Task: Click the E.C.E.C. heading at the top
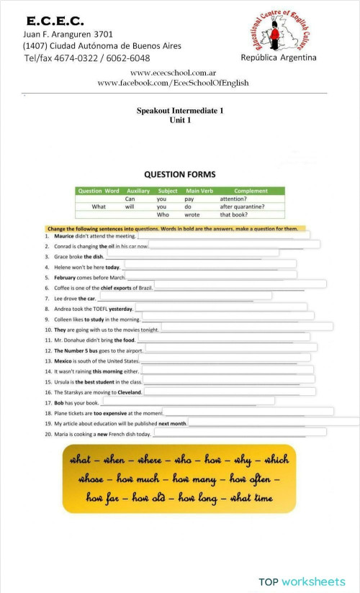(55, 21)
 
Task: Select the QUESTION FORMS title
(180, 174)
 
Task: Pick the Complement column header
(251, 191)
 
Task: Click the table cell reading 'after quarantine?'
(242, 207)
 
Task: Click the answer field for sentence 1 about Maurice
(223, 235)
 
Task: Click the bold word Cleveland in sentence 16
(128, 392)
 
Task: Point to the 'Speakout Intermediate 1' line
(180, 111)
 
